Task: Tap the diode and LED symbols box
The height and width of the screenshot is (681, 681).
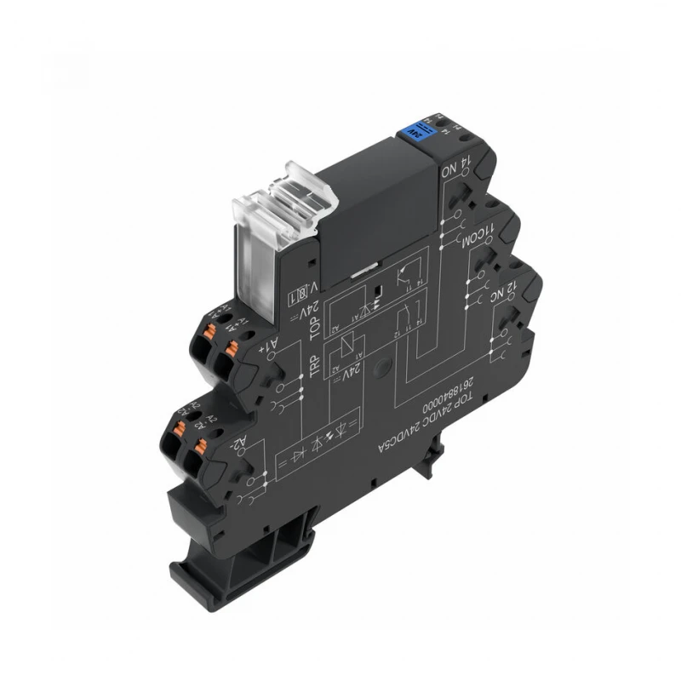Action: click(320, 448)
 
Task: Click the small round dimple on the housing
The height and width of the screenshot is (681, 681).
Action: click(391, 368)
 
